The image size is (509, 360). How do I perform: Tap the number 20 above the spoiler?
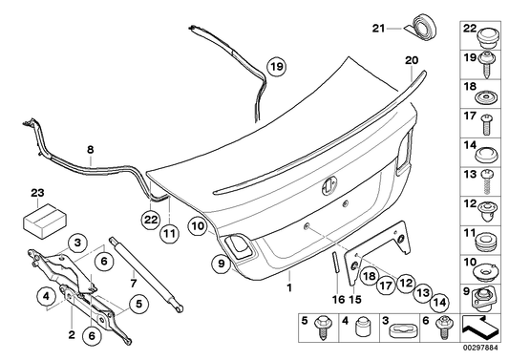coord(412,60)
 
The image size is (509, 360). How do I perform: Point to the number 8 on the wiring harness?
coord(91,149)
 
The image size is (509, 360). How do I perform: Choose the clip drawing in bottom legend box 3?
coord(401,329)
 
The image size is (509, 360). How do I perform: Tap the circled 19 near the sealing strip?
coord(275,67)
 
